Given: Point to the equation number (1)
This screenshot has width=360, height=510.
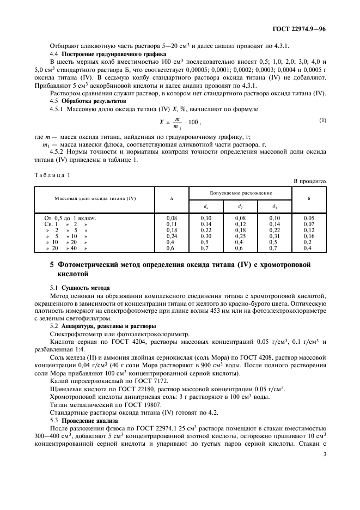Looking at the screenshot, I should pyautogui.click(x=322, y=120).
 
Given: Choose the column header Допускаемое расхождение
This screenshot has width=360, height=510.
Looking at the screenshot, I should pyautogui.click(x=241, y=193).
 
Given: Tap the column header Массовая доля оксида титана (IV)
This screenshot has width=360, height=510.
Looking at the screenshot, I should pyautogui.click(x=95, y=198).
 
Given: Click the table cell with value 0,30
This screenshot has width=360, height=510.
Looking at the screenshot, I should pyautogui.click(x=205, y=236).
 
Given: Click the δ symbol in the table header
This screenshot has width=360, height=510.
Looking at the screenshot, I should pyautogui.click(x=309, y=198).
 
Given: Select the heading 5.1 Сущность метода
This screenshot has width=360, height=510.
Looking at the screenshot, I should pyautogui.click(x=80, y=287).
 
